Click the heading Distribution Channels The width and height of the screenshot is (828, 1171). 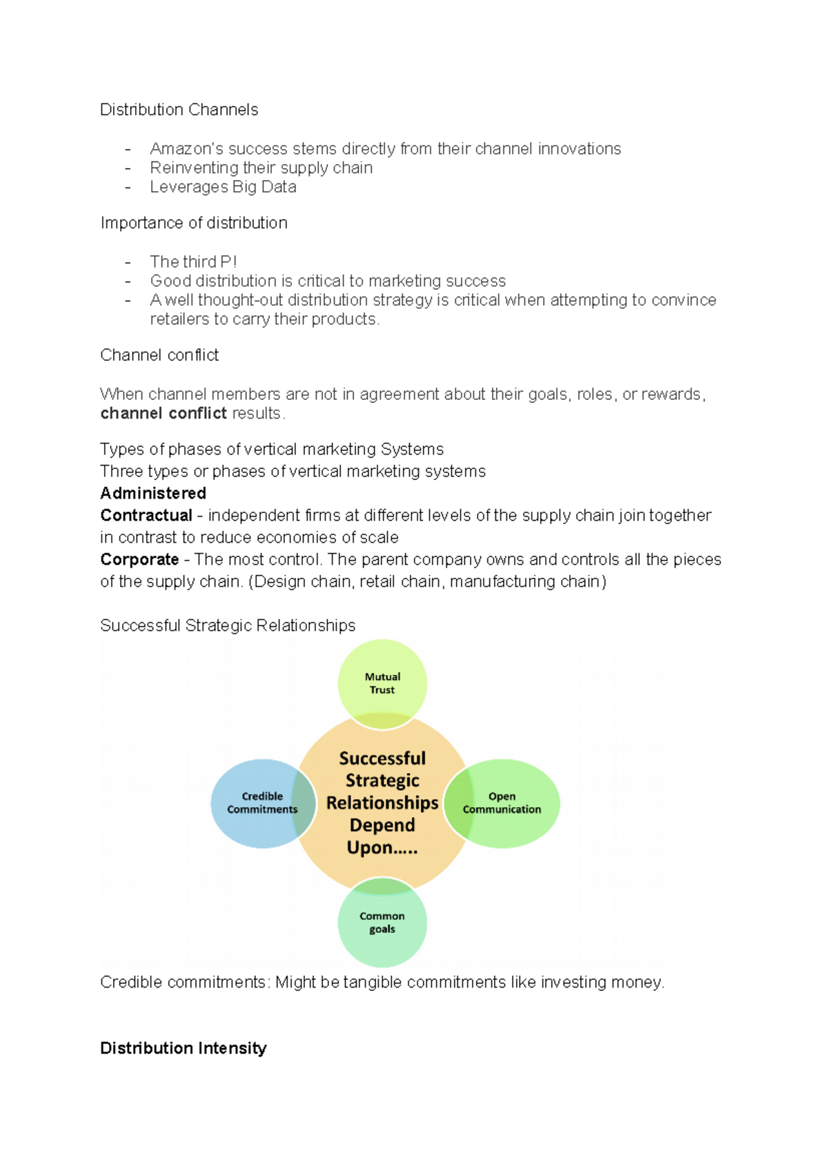click(x=179, y=110)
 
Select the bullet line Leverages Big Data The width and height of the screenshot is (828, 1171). click(x=223, y=187)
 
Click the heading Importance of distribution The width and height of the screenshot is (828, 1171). click(x=194, y=223)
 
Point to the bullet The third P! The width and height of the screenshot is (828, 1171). click(x=193, y=262)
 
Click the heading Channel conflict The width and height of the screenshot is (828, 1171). click(x=159, y=355)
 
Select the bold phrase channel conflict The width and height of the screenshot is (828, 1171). click(x=164, y=414)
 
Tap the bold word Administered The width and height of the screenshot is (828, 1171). click(x=153, y=493)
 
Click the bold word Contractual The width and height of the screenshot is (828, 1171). click(x=146, y=515)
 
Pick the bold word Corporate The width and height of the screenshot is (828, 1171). click(x=139, y=559)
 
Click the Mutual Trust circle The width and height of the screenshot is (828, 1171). click(x=382, y=683)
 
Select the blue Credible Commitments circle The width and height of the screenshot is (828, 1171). click(x=259, y=803)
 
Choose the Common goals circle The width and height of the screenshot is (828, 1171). click(x=382, y=924)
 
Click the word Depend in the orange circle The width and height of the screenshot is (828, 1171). click(x=382, y=825)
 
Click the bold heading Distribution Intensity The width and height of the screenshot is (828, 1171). click(x=184, y=1048)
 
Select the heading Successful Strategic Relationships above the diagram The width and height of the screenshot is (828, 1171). click(x=228, y=625)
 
